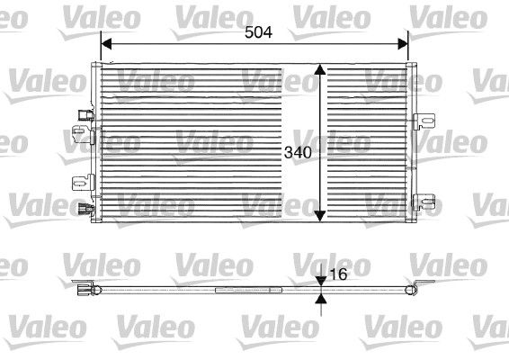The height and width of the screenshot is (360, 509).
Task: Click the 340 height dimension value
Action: pos(297,152)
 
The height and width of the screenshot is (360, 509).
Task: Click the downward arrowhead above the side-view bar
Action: pos(321,282)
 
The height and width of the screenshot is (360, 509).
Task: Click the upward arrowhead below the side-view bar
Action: pos(321,297)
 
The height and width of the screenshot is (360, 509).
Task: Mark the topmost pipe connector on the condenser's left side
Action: pos(85,114)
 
